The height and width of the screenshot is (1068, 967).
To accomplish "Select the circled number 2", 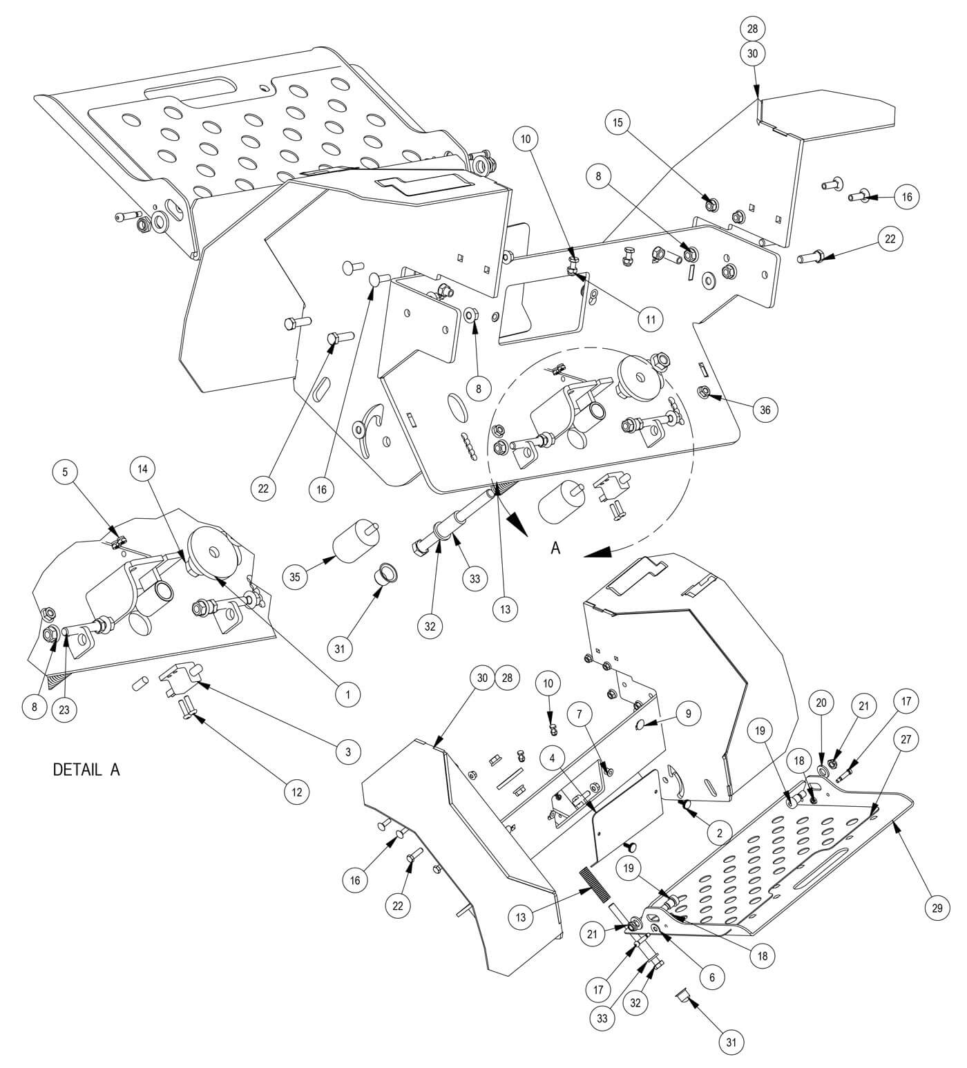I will click(x=719, y=833).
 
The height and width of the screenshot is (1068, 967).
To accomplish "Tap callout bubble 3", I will click(x=347, y=751).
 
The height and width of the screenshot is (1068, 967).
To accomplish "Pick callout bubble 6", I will click(x=712, y=977).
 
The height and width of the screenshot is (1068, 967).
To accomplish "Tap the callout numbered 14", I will click(x=143, y=469).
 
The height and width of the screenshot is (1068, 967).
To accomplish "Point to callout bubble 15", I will click(x=617, y=122).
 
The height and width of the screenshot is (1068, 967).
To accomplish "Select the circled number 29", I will click(x=937, y=908).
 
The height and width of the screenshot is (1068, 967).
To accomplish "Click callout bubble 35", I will click(x=295, y=578).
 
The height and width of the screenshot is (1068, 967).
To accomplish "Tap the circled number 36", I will click(x=765, y=410).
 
